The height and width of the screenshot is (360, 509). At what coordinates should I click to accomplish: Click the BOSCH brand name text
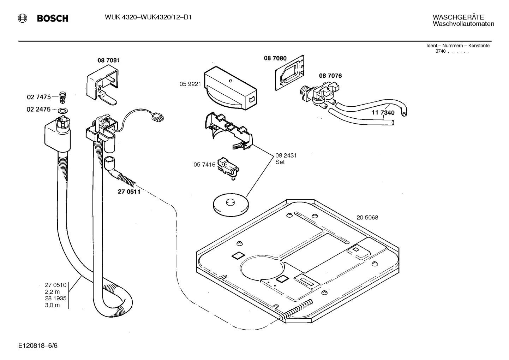tap(53, 18)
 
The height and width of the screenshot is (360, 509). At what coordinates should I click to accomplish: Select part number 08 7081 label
tap(108, 60)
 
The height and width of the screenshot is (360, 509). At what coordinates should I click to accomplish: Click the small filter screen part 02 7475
tap(62, 96)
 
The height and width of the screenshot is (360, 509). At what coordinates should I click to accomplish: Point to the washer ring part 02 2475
tap(63, 110)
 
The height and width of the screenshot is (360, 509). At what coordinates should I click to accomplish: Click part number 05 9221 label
tap(190, 84)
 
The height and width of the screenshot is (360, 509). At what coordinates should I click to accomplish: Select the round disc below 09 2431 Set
tap(231, 205)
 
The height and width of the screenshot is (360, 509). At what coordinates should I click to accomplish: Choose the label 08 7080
tap(275, 58)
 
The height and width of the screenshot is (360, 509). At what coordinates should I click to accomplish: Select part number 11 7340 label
tap(383, 113)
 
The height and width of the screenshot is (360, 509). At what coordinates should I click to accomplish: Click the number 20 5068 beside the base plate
tap(367, 218)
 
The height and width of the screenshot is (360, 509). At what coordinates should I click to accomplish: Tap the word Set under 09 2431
tap(280, 162)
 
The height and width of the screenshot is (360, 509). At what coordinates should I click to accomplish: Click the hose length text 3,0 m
tap(52, 305)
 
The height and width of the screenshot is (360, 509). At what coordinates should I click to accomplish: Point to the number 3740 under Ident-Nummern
tap(441, 52)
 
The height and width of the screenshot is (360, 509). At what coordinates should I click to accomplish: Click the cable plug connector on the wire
tap(157, 117)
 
